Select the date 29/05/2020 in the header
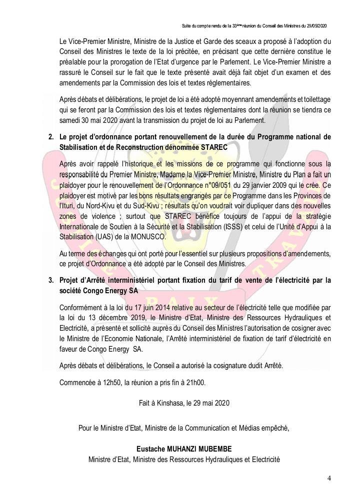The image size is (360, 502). click(316, 26)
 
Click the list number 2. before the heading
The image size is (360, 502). click(51, 137)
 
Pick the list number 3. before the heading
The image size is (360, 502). click(51, 280)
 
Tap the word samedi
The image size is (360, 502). click(71, 120)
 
